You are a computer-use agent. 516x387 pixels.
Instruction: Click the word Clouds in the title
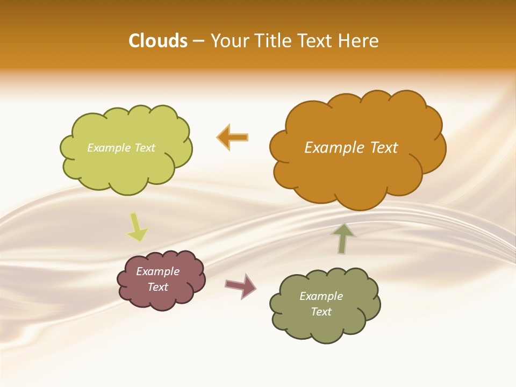(157, 41)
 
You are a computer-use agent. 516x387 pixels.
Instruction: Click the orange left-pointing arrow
(232, 137)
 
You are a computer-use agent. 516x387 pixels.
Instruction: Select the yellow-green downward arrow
(138, 228)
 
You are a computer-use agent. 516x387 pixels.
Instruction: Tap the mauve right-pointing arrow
(241, 286)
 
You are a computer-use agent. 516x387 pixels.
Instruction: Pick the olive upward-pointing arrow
(343, 238)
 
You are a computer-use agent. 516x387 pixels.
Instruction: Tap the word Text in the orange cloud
(384, 148)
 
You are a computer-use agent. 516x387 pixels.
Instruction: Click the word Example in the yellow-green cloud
(109, 148)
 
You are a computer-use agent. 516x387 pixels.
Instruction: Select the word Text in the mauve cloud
(158, 287)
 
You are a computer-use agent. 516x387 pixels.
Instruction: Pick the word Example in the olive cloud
(321, 296)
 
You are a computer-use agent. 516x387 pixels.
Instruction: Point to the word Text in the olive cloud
(321, 312)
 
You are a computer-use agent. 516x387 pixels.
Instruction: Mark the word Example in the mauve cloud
(158, 271)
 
